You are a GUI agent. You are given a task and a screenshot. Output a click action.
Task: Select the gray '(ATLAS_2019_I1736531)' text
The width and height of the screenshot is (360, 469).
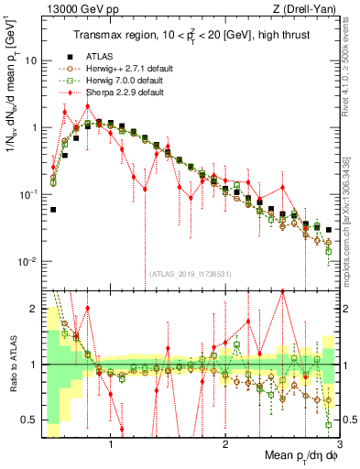point(190,274)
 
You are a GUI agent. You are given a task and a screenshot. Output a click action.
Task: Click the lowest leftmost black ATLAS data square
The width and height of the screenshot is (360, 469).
point(53,210)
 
